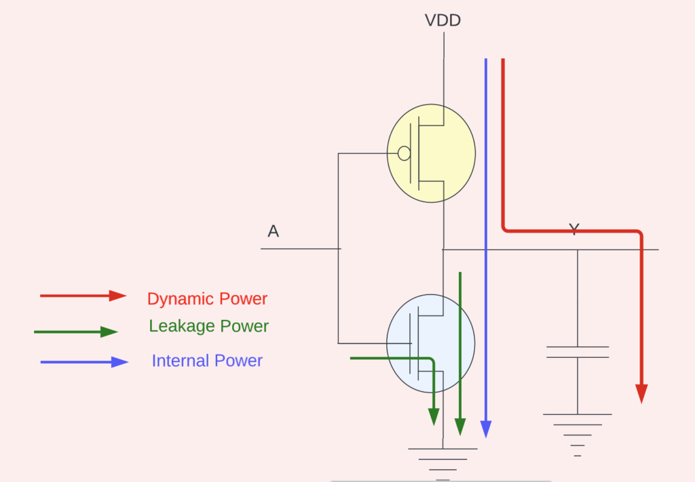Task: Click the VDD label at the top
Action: (443, 20)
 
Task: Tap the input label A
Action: (274, 231)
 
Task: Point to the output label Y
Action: (574, 229)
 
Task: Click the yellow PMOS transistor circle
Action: (431, 153)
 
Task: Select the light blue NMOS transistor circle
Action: (431, 343)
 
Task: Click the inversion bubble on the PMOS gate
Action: (404, 153)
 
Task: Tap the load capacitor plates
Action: (578, 352)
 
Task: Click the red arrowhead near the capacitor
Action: (641, 394)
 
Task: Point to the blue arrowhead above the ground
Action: (486, 429)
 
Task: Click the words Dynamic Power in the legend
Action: (207, 299)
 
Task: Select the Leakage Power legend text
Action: (209, 326)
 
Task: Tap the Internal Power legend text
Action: (207, 361)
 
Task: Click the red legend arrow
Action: (83, 296)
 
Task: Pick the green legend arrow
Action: (76, 332)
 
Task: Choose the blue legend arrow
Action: (84, 362)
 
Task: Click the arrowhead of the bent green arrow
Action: (433, 417)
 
